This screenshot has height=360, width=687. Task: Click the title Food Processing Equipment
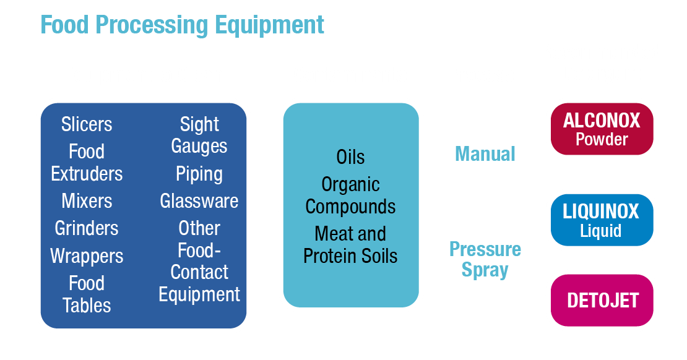[183, 25]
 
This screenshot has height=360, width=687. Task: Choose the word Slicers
[87, 124]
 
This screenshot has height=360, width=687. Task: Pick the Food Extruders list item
[87, 163]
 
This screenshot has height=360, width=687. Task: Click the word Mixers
[87, 201]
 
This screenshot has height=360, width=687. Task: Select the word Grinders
[87, 228]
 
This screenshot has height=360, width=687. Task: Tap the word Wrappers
[87, 256]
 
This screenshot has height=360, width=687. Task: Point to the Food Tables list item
[87, 294]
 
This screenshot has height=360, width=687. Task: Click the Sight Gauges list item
[199, 135]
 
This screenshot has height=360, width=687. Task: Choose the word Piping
[199, 174]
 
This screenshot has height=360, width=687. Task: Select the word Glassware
[199, 201]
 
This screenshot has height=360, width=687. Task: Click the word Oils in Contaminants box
[350, 156]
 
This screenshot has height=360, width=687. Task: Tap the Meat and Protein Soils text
[350, 245]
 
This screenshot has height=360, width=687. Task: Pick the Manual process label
[485, 153]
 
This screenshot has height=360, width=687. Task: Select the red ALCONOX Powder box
[602, 129]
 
